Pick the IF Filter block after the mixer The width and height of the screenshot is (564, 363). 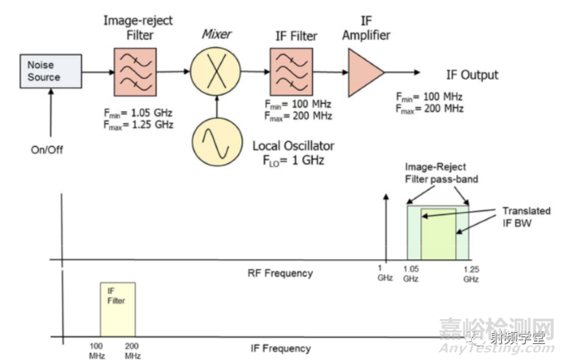point(289,71)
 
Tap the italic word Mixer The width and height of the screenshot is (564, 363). point(216,34)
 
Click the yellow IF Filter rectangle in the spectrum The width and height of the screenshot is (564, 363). point(116,308)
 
